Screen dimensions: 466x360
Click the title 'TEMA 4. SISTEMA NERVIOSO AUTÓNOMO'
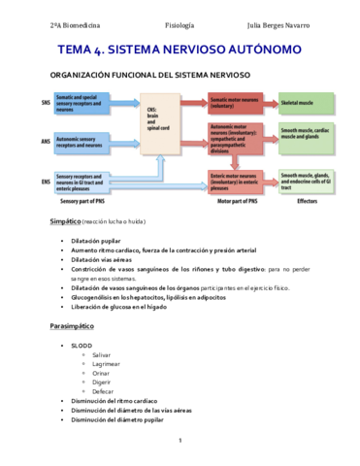coord(180,48)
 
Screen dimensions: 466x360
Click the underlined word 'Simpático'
coord(72,222)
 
